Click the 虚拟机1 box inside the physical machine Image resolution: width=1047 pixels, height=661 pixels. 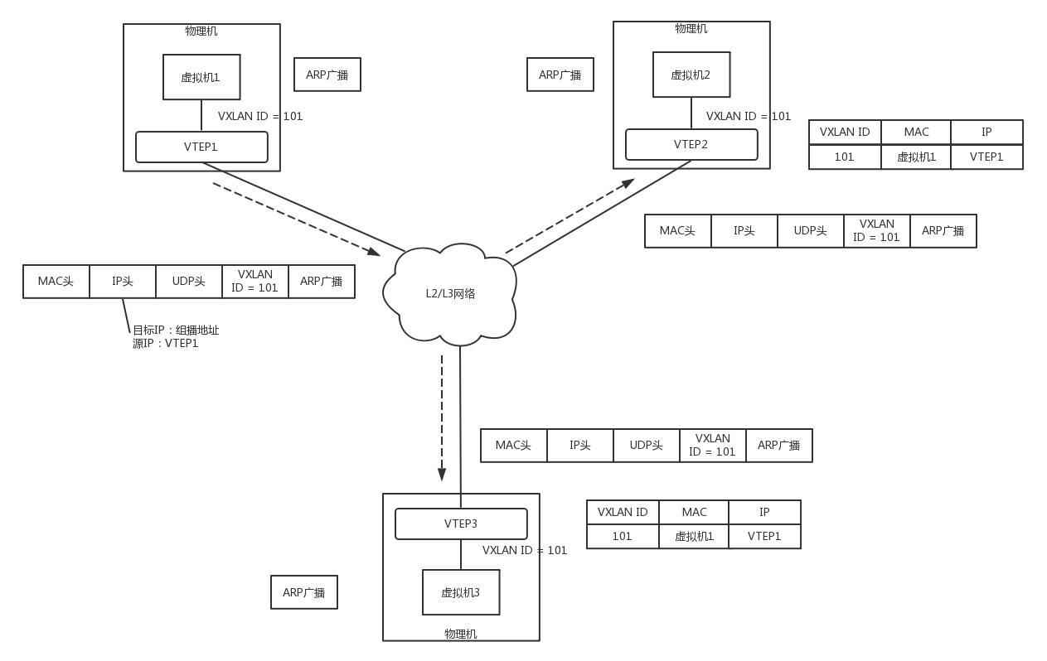(201, 77)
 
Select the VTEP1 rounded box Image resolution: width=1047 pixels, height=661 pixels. (201, 147)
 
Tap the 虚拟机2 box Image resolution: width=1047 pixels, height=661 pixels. (691, 75)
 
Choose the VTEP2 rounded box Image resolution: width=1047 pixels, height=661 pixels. (691, 144)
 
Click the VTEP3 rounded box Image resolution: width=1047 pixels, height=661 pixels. (461, 523)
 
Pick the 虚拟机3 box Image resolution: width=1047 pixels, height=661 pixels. (461, 592)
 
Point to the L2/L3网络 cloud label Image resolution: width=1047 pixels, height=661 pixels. (450, 293)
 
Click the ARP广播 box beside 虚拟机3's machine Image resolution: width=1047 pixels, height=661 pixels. (304, 592)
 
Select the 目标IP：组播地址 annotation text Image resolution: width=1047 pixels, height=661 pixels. (176, 330)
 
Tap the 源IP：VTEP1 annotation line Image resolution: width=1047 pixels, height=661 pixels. (166, 343)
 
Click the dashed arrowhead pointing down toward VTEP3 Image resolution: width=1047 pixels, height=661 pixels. (442, 475)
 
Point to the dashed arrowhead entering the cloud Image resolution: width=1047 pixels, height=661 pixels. (374, 252)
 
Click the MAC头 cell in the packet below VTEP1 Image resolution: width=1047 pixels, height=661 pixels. (56, 282)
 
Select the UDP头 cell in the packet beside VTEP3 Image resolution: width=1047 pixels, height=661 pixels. (647, 446)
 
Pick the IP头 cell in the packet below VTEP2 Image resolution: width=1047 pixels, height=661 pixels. (744, 231)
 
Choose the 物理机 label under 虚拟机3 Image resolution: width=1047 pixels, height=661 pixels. (461, 634)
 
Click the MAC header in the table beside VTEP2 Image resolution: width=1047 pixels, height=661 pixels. (916, 133)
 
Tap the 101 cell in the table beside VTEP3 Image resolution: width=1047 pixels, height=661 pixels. (623, 536)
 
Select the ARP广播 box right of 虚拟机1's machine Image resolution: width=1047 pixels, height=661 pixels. (327, 75)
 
